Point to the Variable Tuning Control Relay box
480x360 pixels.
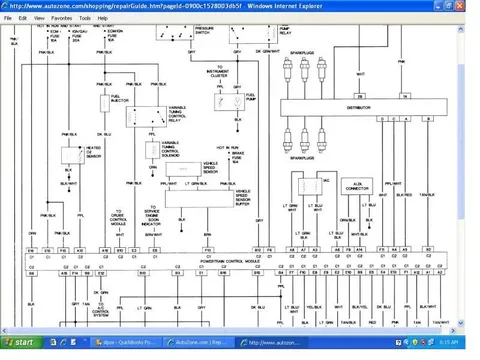click(x=152, y=116)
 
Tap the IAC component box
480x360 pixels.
click(x=311, y=183)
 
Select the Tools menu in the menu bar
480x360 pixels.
click(x=85, y=18)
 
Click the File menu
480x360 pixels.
click(x=8, y=18)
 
